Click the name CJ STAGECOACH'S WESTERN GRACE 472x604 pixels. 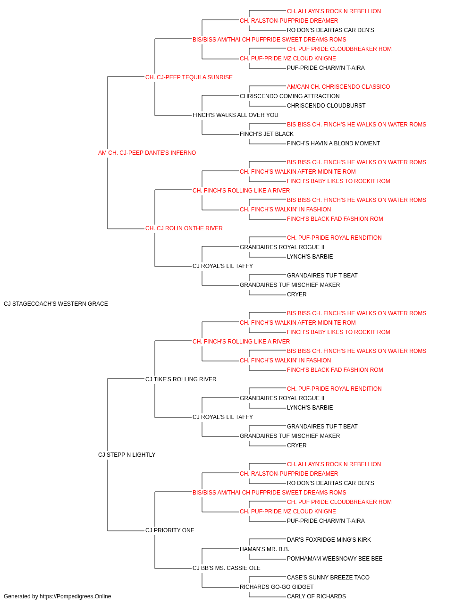[56, 304]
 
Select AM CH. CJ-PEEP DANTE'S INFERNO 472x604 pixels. [147, 153]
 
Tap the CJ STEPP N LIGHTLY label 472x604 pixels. [126, 455]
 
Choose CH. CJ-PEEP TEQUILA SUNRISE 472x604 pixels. [189, 77]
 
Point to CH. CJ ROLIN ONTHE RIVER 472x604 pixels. [184, 228]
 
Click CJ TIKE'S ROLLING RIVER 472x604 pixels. [181, 379]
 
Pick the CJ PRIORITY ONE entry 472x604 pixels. [169, 530]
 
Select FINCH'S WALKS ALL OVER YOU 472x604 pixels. [235, 115]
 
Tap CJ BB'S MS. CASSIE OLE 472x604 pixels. [226, 568]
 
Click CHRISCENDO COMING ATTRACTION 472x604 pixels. [289, 96]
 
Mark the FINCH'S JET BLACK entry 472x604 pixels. [266, 134]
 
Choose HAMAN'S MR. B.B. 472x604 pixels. [264, 549]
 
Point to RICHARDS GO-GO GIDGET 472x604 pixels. [276, 587]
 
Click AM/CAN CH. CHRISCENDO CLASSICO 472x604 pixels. [338, 87]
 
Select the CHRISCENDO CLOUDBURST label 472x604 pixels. [326, 106]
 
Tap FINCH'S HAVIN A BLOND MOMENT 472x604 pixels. [333, 143]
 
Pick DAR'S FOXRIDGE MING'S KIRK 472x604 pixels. [329, 539]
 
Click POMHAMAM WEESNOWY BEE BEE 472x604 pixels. [335, 558]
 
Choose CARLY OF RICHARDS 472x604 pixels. [316, 596]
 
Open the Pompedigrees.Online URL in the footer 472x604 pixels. [76, 596]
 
